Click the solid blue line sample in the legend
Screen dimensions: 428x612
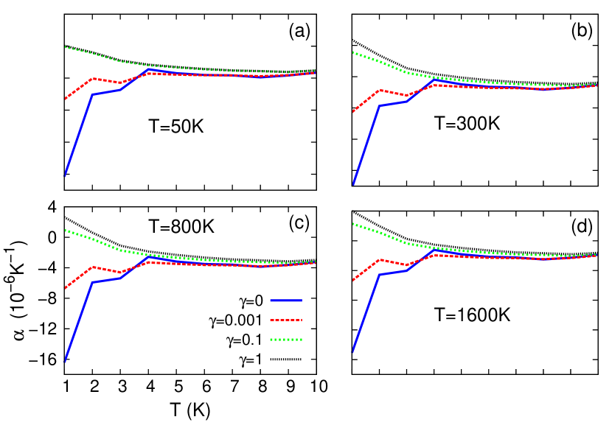[286, 301]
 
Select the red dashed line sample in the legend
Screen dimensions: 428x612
[286, 320]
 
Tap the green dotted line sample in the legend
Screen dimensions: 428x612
[286, 340]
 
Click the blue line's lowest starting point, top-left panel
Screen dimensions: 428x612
[65, 175]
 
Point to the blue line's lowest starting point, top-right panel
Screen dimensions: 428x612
[352, 184]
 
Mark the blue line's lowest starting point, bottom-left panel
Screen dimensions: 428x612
[65, 360]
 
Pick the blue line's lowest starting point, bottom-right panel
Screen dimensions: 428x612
[352, 352]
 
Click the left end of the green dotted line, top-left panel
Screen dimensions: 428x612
[65, 47]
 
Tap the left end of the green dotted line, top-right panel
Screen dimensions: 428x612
[352, 52]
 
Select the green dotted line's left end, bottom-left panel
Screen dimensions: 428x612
[65, 230]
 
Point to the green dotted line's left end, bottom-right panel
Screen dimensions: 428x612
[352, 223]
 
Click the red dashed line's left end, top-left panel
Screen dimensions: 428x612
[65, 98]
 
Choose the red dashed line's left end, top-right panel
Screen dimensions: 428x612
[352, 112]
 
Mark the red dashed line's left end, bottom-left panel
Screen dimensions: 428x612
[65, 288]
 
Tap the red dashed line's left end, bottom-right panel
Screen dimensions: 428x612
[352, 281]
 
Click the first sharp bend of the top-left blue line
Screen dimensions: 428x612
[92, 94]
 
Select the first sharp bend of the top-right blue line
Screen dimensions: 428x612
[379, 105]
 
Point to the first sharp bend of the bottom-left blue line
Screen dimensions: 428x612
[92, 282]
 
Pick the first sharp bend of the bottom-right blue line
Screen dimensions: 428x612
[379, 275]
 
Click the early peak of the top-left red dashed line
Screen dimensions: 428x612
[92, 78]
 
